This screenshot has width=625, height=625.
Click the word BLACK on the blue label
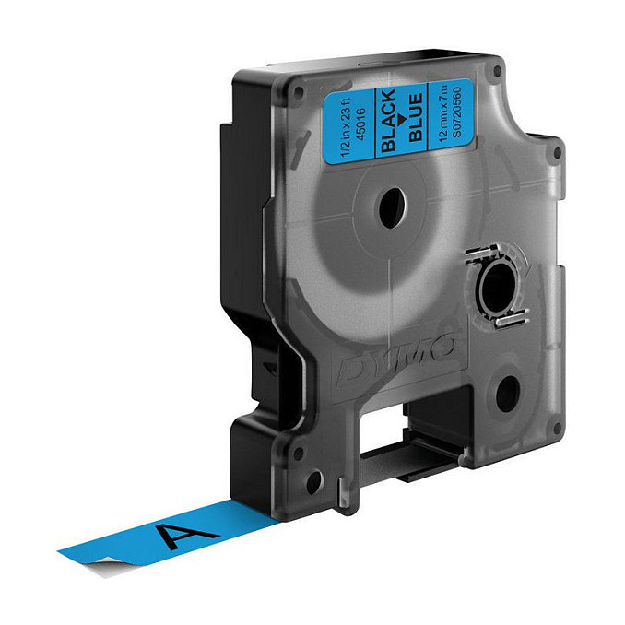[388, 121]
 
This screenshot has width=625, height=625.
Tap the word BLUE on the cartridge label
[416, 117]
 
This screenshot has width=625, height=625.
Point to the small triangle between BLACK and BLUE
[402, 119]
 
